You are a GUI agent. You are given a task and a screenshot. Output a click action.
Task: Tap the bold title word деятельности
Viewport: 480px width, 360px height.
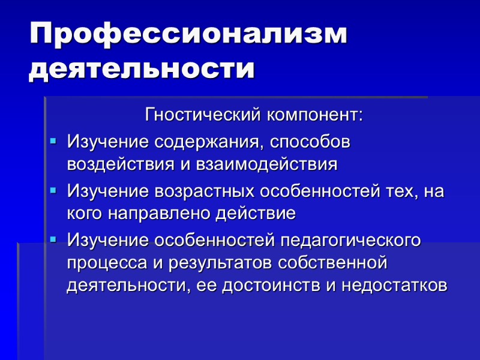tap(142, 68)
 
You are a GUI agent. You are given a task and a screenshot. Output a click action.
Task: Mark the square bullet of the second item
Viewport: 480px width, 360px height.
tap(53, 190)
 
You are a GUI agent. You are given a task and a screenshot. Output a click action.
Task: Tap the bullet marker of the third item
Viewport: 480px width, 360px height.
tap(53, 239)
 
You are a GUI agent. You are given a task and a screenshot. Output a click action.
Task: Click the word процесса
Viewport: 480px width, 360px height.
tap(103, 262)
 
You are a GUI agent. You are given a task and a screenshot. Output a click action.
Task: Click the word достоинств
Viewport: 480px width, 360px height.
tap(273, 284)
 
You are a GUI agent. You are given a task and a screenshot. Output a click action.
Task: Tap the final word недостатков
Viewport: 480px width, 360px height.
tap(394, 284)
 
